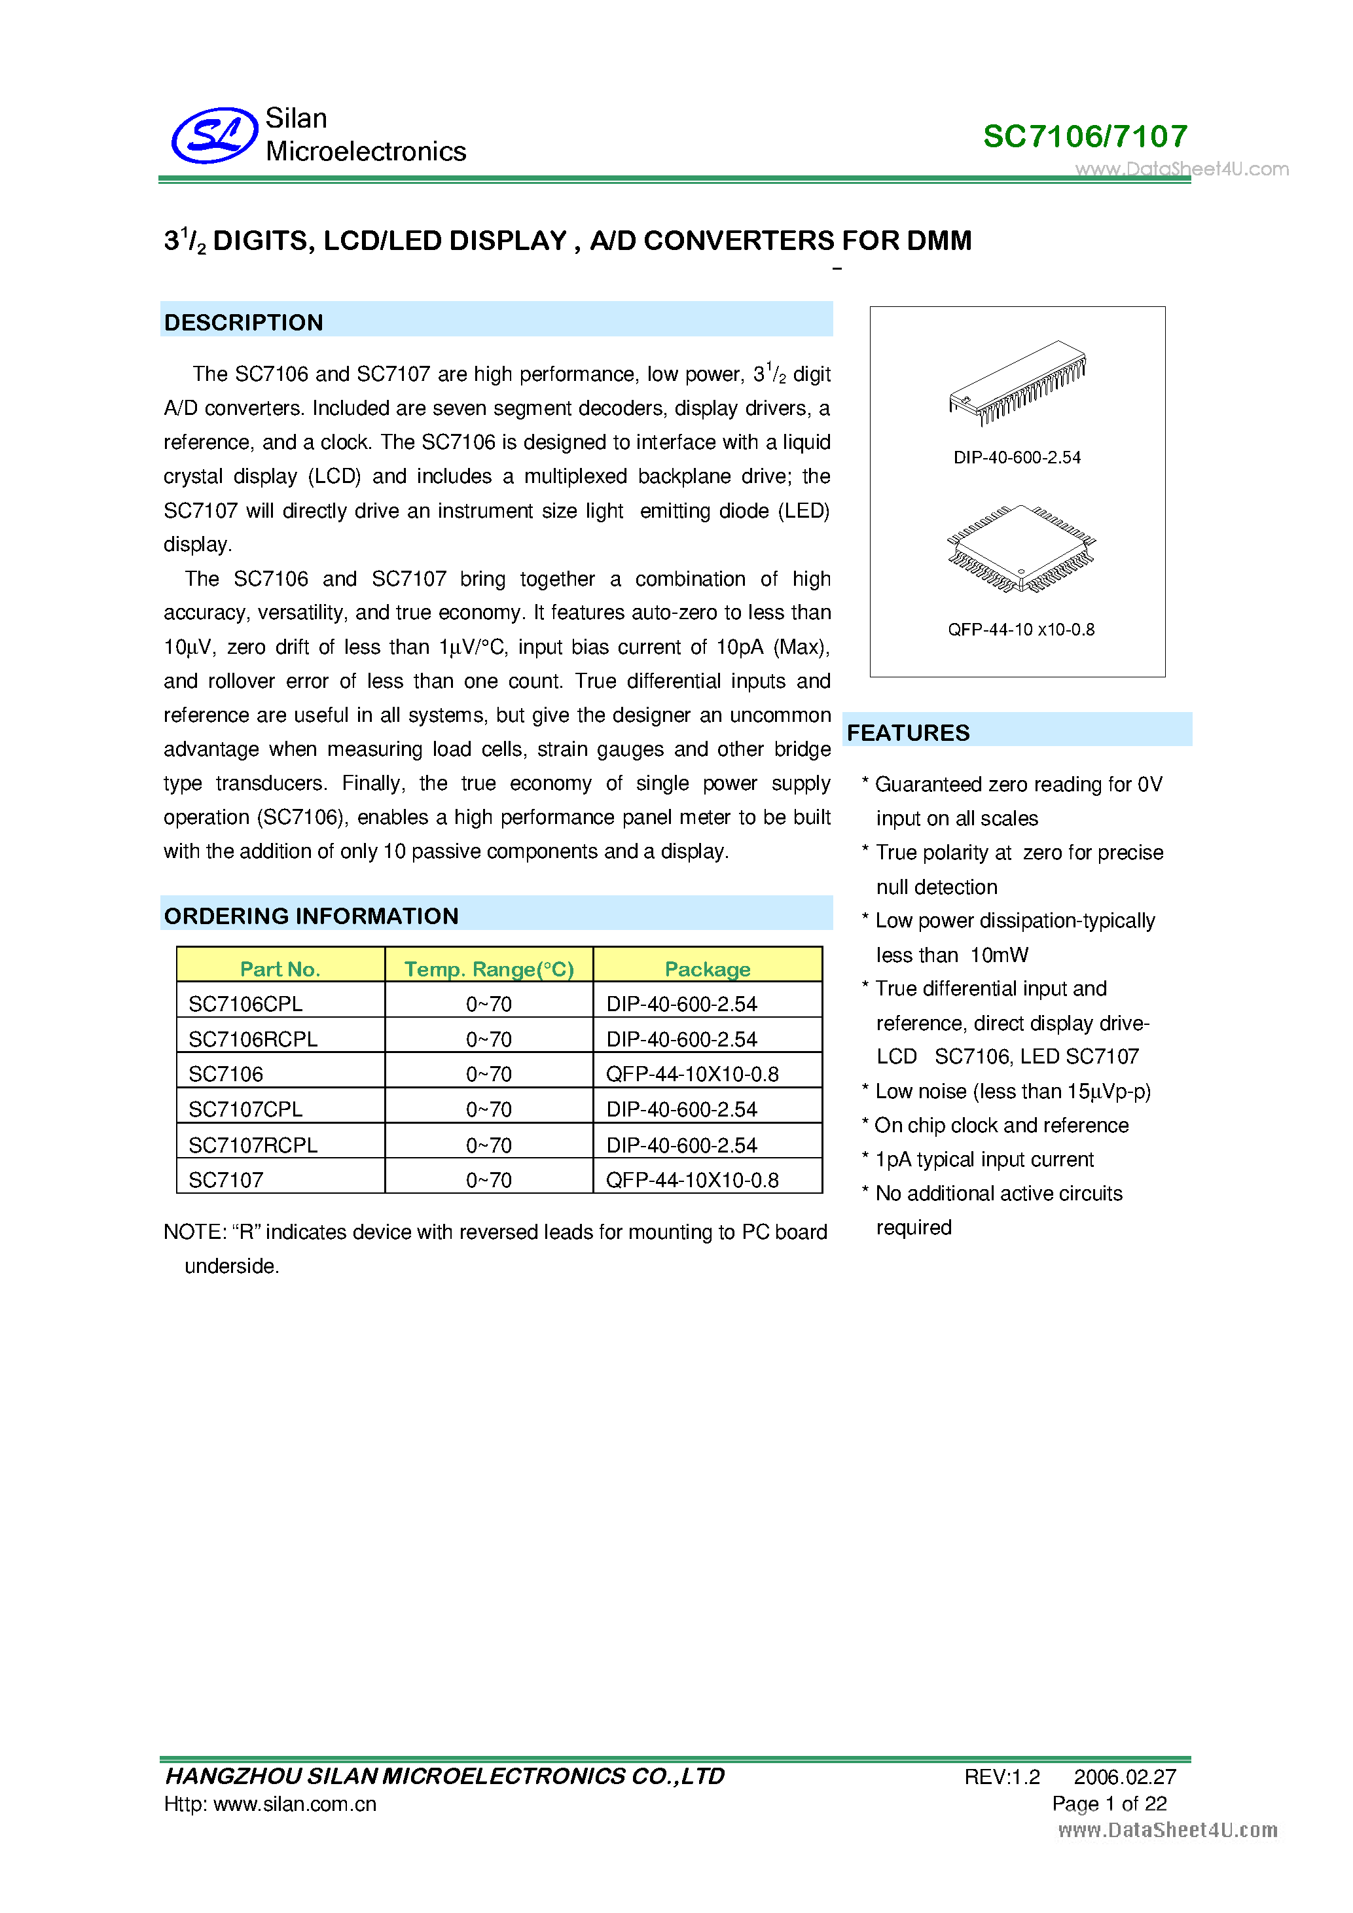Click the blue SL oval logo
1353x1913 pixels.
(214, 135)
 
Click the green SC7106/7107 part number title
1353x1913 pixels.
(1085, 137)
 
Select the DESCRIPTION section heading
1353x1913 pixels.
(244, 323)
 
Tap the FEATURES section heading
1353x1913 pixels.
(908, 732)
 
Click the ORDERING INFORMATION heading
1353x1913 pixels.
(311, 916)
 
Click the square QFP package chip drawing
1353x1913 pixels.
(1020, 548)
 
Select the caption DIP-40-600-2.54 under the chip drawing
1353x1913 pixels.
(1017, 457)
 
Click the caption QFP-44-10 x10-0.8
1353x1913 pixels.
(1020, 630)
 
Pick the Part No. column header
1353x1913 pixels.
(280, 968)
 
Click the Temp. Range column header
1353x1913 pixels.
(488, 968)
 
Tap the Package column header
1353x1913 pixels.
(708, 968)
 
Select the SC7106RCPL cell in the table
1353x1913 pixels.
(253, 1039)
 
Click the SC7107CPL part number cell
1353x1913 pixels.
(245, 1109)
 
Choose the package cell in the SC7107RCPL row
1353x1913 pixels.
(681, 1145)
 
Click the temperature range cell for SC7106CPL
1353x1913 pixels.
(488, 1004)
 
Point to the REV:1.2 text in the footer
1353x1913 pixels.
(1001, 1777)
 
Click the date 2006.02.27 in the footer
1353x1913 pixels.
(1124, 1777)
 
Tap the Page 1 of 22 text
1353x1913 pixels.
(1109, 1804)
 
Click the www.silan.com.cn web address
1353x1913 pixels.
(295, 1804)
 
